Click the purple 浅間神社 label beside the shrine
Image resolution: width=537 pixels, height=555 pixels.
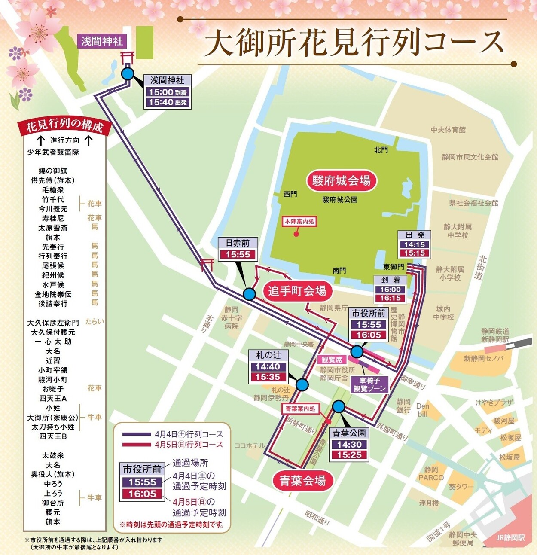(x=102, y=41)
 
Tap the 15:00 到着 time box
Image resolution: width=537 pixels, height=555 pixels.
(x=167, y=92)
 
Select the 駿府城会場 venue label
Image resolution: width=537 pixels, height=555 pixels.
(x=341, y=181)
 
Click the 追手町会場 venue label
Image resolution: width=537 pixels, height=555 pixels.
(x=297, y=291)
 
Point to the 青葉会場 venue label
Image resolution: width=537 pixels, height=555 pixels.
(x=302, y=481)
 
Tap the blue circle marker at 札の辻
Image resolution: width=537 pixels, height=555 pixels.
(x=302, y=385)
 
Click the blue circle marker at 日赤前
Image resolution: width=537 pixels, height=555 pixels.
(x=249, y=294)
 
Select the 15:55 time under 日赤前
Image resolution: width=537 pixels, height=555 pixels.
(x=238, y=254)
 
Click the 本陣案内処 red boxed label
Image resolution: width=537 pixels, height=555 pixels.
(x=299, y=222)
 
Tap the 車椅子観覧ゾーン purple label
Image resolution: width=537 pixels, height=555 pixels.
(x=369, y=384)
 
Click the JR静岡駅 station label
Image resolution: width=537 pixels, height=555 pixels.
(x=510, y=538)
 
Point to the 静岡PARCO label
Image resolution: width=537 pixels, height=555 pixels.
(x=431, y=474)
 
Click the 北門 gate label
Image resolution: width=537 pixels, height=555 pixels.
(x=381, y=150)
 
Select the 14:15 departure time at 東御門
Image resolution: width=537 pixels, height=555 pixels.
(x=414, y=244)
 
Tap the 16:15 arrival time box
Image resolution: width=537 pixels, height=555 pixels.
(x=390, y=298)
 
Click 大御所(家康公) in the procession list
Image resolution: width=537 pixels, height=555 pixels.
(x=53, y=418)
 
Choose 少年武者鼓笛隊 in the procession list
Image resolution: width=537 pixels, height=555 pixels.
(x=53, y=152)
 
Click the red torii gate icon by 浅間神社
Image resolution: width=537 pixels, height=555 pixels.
(x=128, y=57)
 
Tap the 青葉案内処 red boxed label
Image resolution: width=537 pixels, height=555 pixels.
(x=301, y=409)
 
